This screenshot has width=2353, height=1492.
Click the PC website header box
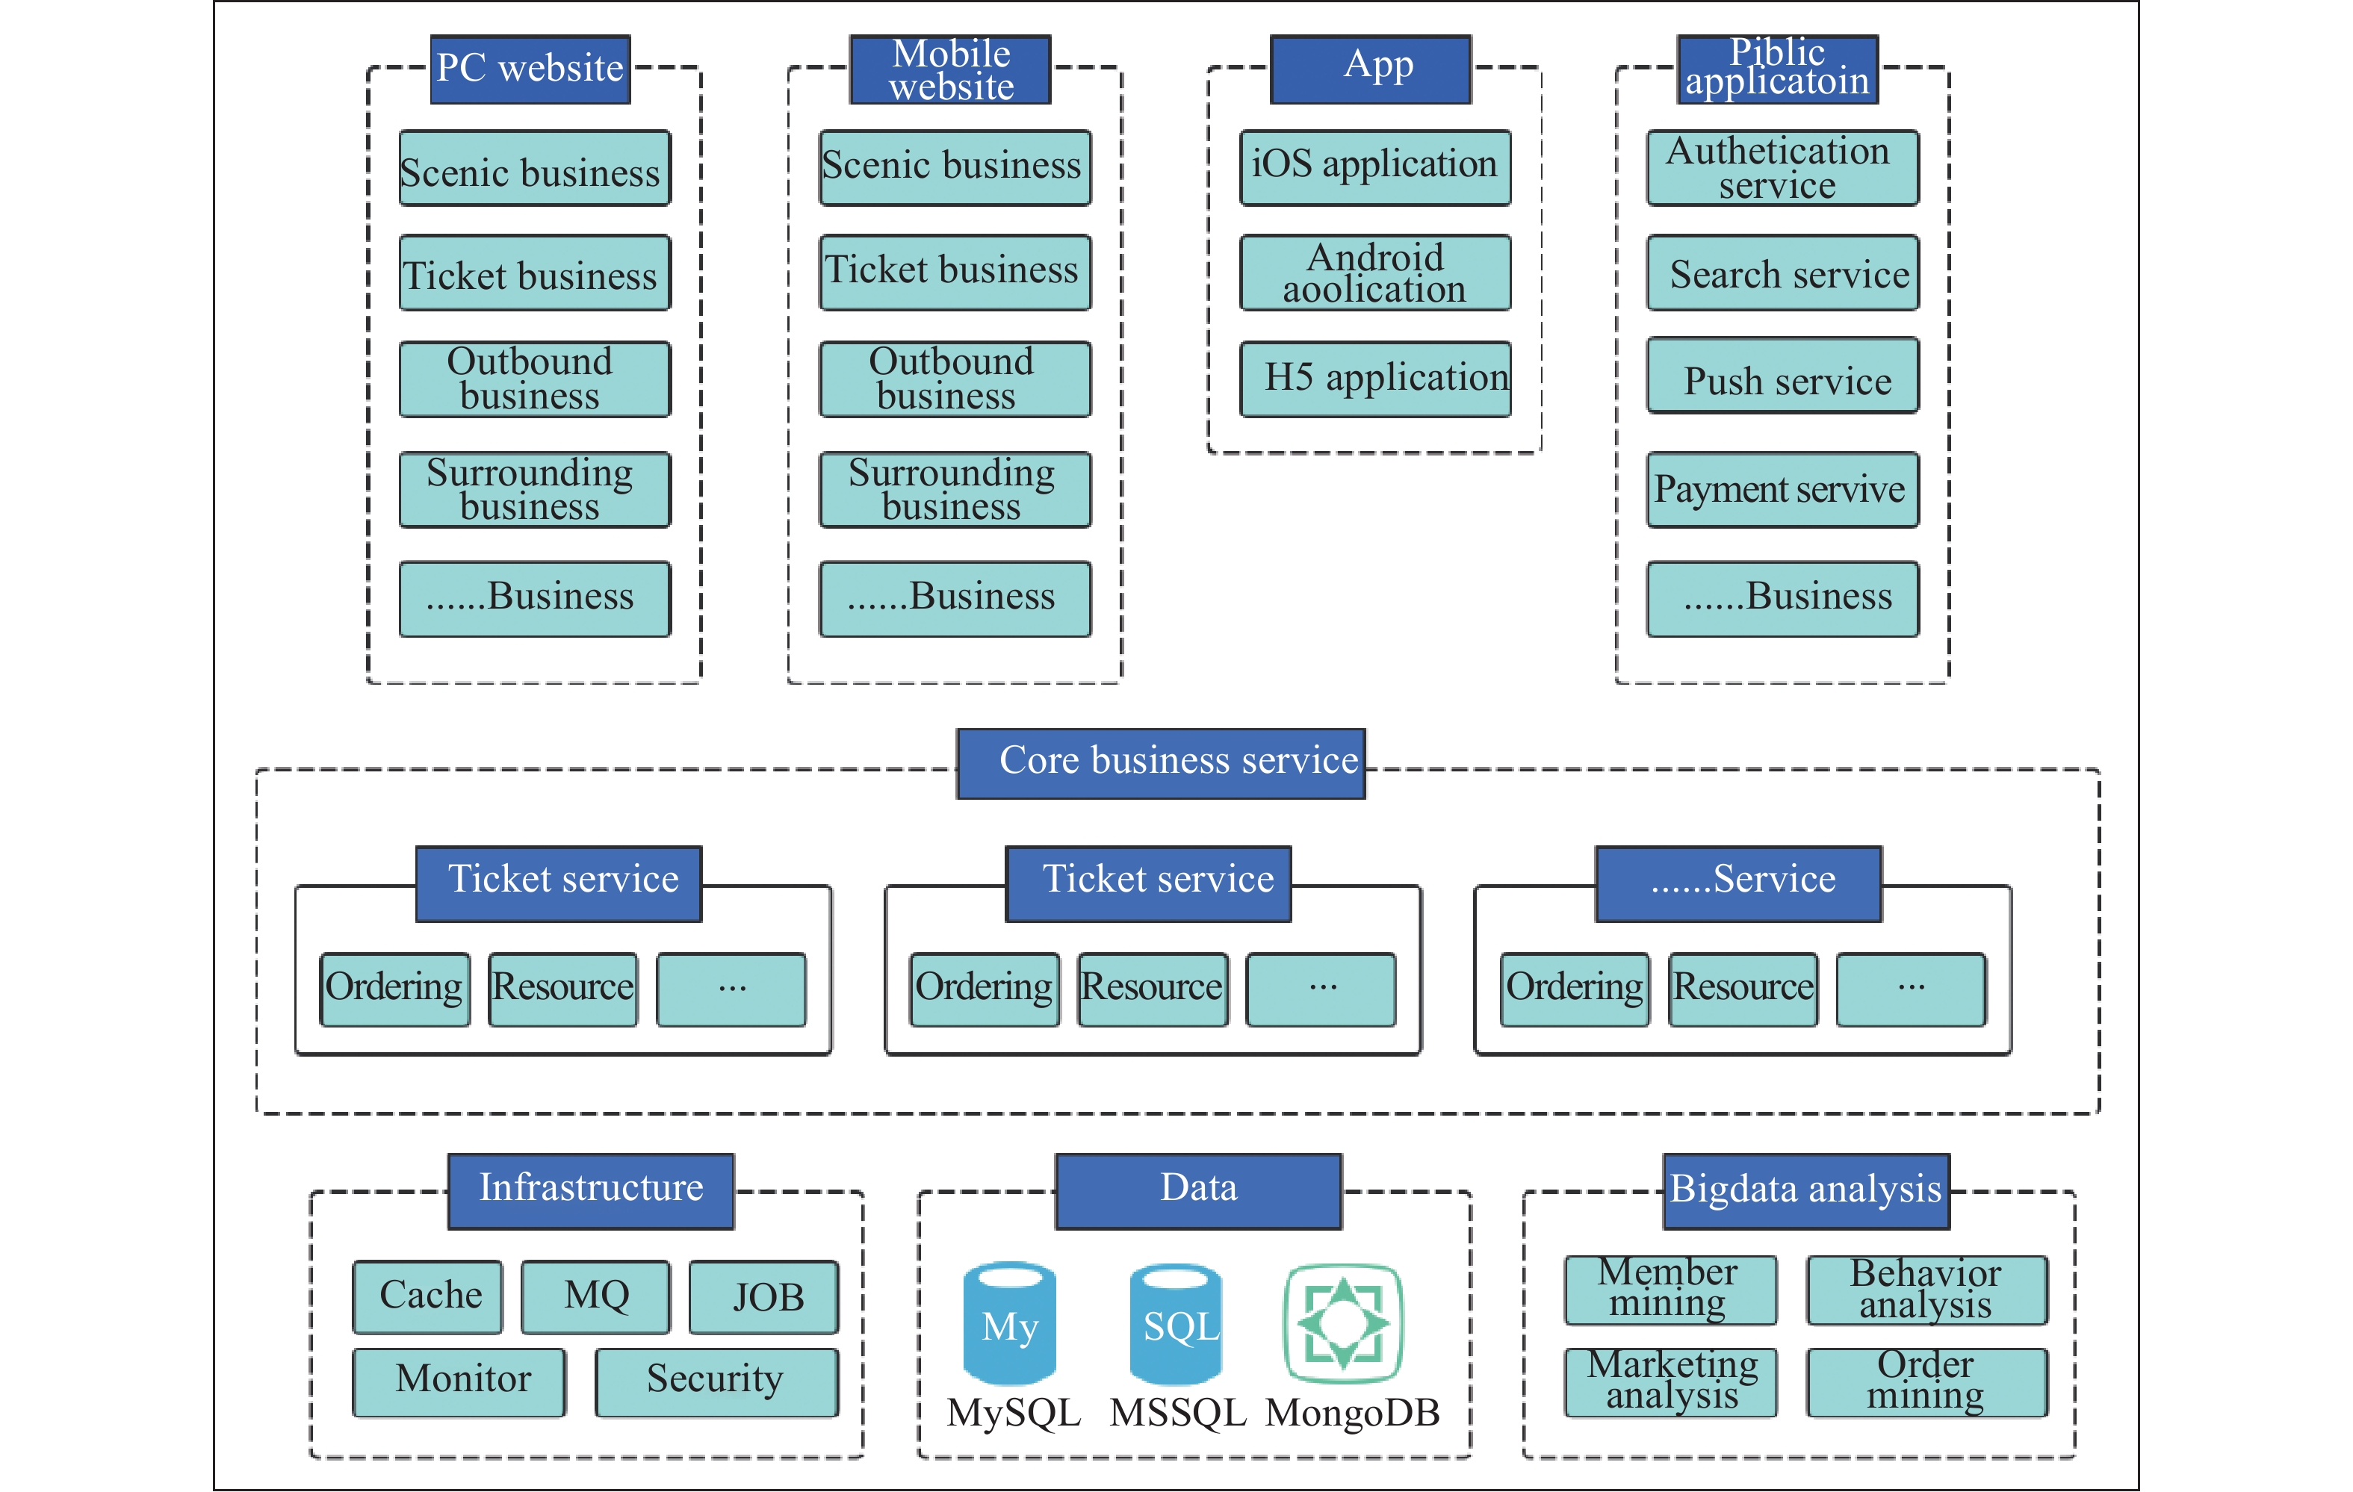pyautogui.click(x=530, y=69)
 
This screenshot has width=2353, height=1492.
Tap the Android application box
pyautogui.click(x=1375, y=273)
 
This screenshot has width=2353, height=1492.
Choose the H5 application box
pyautogui.click(x=1375, y=378)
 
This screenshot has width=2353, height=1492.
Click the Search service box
pyautogui.click(x=1782, y=273)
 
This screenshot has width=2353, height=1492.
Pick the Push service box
pyautogui.click(x=1782, y=376)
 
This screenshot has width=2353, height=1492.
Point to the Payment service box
pyautogui.click(x=1782, y=488)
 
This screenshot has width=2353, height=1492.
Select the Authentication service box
pyautogui.click(x=1782, y=167)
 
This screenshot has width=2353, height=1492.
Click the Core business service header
pyautogui.click(x=1161, y=763)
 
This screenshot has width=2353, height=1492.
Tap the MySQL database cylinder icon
pyautogui.click(x=1008, y=1323)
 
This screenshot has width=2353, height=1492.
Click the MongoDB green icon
pyautogui.click(x=1344, y=1323)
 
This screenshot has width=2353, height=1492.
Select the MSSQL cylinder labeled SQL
pyautogui.click(x=1176, y=1323)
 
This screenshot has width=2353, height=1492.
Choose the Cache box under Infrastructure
pyautogui.click(x=428, y=1296)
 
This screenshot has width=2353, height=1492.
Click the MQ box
pyautogui.click(x=595, y=1296)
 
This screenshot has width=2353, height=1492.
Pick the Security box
pyautogui.click(x=716, y=1381)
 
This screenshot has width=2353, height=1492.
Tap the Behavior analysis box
pyautogui.click(x=1926, y=1290)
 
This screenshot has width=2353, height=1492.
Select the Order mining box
pyautogui.click(x=1926, y=1381)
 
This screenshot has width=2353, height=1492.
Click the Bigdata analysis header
pyautogui.click(x=1805, y=1191)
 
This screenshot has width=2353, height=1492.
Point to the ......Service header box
pyautogui.click(x=1738, y=883)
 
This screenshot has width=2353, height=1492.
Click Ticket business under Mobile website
pyautogui.click(x=955, y=273)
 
